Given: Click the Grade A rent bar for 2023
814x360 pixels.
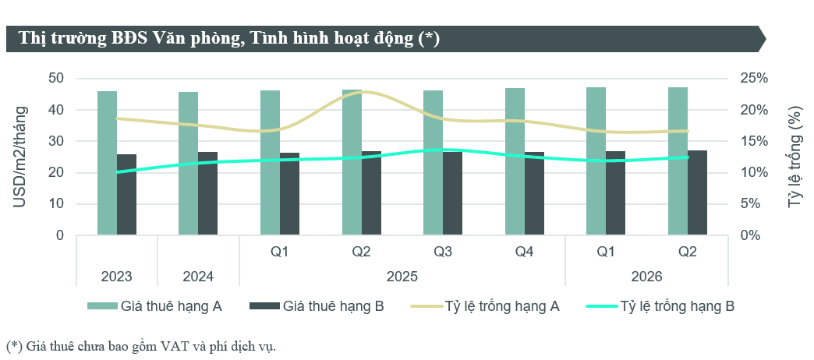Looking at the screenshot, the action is coord(107,163).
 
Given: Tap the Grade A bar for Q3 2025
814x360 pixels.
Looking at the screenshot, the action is coord(433,163).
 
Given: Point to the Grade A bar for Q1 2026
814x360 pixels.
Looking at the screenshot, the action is coord(596,161).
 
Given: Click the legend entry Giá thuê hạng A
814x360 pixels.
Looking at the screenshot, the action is coord(154,306).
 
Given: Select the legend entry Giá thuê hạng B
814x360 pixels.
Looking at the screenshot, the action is coord(317,306).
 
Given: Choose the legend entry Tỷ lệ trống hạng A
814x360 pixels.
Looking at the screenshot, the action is coord(485,306).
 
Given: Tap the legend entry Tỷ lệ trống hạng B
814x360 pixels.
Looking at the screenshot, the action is coord(660,306).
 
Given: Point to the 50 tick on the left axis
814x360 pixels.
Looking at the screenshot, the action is coord(56,79).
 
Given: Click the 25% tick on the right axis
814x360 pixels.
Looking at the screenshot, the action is coord(754,79).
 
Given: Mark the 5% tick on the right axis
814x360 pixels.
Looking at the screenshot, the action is coord(750,204).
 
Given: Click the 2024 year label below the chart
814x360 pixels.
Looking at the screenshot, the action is coord(198,277).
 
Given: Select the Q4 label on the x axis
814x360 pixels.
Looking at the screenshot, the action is coord(524,252).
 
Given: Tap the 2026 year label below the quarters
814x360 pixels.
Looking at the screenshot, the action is coord(646,277).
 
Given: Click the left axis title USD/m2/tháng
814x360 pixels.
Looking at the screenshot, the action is coord(19,156).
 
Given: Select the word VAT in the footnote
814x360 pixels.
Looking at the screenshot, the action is coord(174,346).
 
